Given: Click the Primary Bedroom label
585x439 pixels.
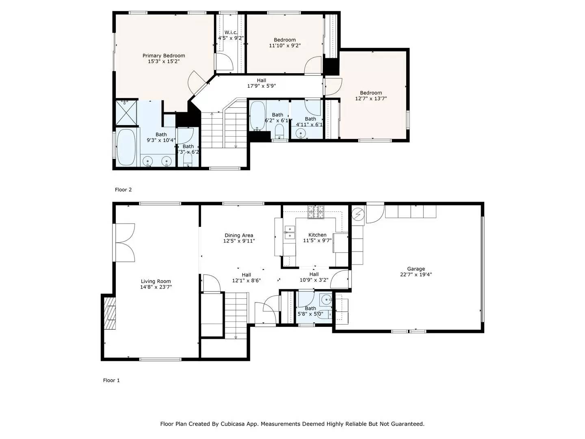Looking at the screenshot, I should (163, 56).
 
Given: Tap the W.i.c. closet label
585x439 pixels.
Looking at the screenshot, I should (231, 33).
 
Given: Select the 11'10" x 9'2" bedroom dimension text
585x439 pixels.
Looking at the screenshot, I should (284, 46).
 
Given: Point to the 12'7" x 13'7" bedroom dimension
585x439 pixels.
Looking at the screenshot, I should (370, 98).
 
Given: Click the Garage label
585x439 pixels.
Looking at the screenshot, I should (416, 269).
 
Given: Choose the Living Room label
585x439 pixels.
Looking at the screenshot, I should (156, 281).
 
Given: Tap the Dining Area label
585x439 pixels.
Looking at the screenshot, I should (239, 235).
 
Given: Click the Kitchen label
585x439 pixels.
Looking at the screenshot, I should (317, 235).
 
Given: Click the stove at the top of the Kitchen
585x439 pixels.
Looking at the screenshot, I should (316, 211).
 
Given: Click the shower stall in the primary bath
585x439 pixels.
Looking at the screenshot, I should (126, 113).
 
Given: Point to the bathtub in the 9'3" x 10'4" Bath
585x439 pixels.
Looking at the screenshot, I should (126, 148).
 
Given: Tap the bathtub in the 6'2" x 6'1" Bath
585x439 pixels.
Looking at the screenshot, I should (257, 115).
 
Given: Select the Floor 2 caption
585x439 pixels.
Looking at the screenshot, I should (123, 189).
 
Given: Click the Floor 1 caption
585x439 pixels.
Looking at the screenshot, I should (111, 380).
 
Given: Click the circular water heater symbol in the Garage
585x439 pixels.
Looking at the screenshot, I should (358, 214).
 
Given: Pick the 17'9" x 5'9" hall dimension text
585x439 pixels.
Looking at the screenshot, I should (262, 86).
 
